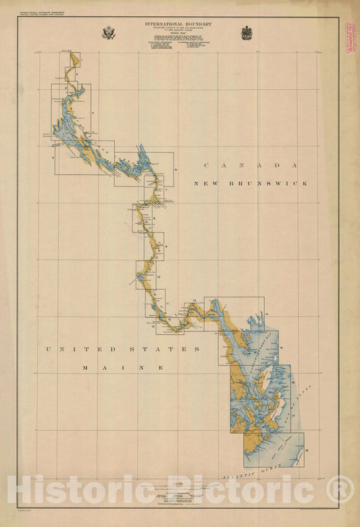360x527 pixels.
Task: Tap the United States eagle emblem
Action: (x=108, y=32)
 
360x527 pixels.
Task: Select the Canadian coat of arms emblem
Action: (x=247, y=32)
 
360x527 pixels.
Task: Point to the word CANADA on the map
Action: (x=250, y=166)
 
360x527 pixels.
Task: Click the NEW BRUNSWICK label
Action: (x=250, y=183)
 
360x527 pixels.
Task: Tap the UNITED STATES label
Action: (x=122, y=349)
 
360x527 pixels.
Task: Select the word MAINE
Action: (x=123, y=368)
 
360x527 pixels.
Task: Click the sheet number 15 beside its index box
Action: (x=280, y=348)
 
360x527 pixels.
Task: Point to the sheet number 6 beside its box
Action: (x=174, y=172)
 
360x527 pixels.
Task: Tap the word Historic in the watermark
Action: (x=74, y=490)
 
